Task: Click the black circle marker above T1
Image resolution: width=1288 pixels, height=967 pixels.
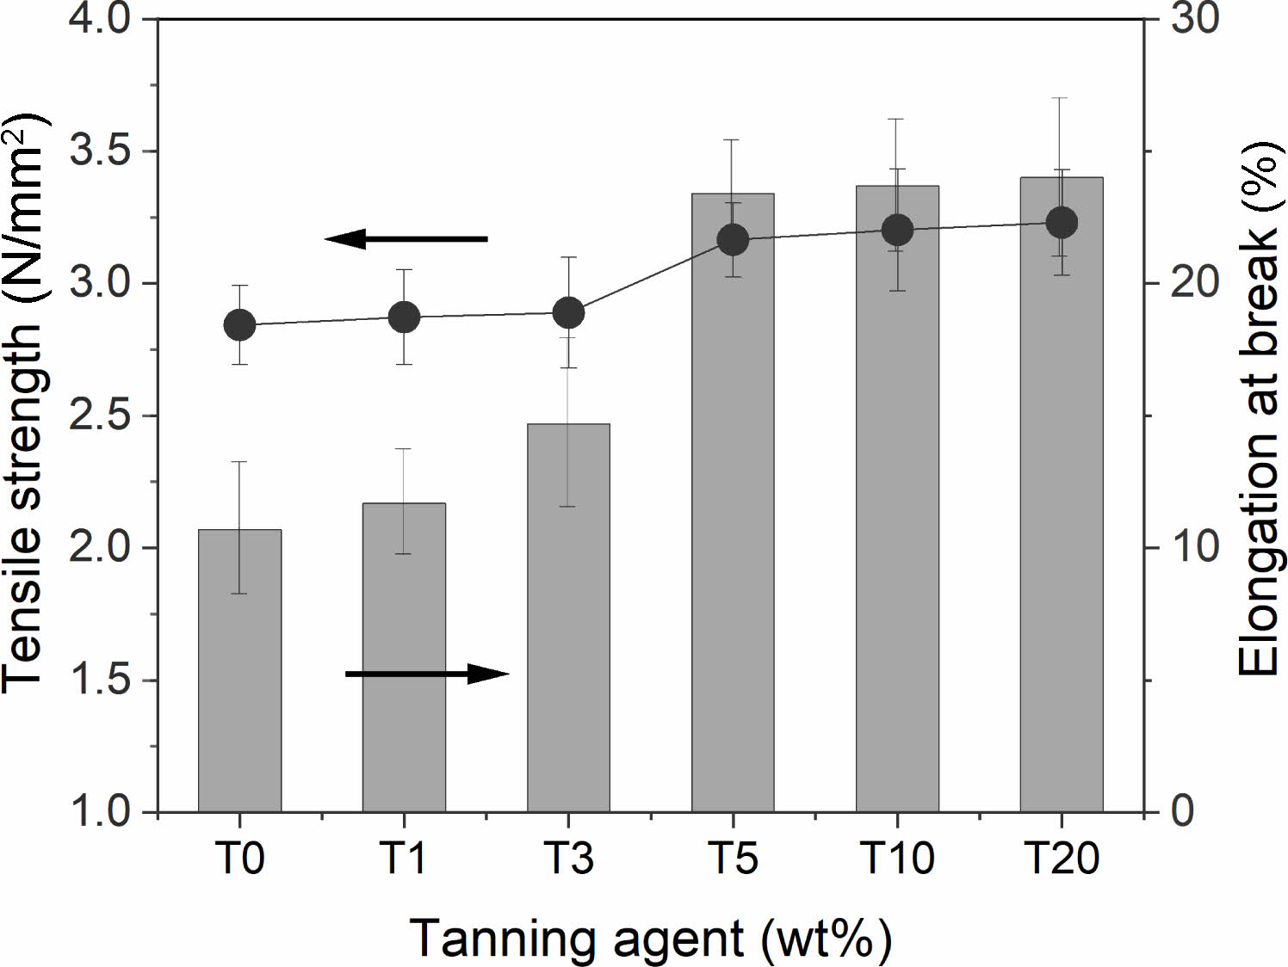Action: pyautogui.click(x=404, y=317)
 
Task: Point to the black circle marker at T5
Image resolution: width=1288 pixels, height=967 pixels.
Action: pyautogui.click(x=733, y=240)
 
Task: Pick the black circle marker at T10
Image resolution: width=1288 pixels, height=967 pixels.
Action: pyautogui.click(x=897, y=231)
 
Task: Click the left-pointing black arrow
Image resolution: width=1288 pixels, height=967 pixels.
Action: pyautogui.click(x=406, y=238)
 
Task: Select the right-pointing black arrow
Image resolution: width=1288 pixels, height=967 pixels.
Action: pyautogui.click(x=427, y=674)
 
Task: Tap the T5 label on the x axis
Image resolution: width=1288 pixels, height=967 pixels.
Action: pyautogui.click(x=733, y=859)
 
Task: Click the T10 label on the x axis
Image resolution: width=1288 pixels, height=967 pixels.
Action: pyautogui.click(x=897, y=859)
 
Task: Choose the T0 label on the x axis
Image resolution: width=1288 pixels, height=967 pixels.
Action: pyautogui.click(x=239, y=859)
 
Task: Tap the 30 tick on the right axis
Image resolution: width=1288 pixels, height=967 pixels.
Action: pyautogui.click(x=1195, y=19)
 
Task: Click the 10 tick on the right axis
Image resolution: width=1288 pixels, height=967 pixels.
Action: pyautogui.click(x=1195, y=548)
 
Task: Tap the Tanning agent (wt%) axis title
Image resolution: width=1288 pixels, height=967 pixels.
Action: pyautogui.click(x=650, y=938)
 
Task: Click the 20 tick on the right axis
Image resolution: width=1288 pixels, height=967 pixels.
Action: pyautogui.click(x=1195, y=283)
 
